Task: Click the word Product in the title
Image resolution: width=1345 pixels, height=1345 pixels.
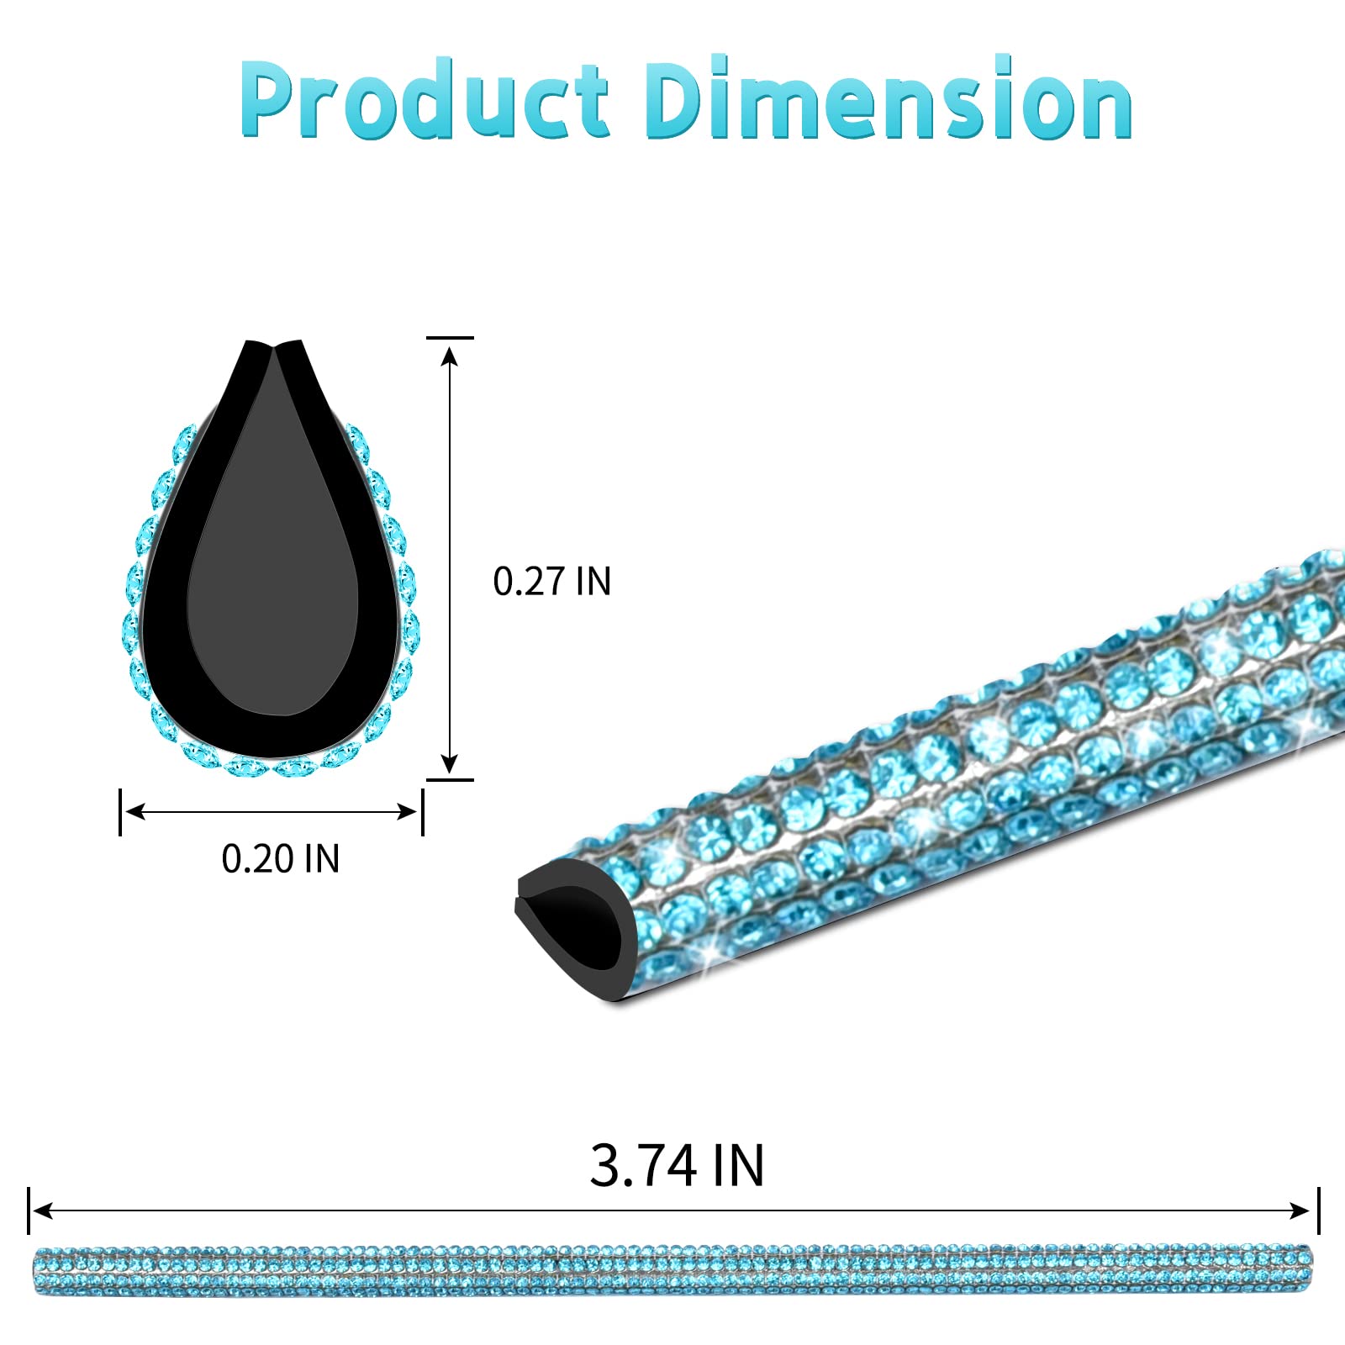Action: pos(424,99)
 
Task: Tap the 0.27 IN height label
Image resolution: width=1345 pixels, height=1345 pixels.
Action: pos(552,582)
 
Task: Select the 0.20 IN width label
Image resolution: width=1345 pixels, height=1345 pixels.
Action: pos(281,858)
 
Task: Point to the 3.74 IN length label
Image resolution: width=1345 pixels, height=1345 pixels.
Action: pos(678,1166)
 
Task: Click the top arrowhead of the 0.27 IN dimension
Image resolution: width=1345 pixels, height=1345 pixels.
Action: pos(450,356)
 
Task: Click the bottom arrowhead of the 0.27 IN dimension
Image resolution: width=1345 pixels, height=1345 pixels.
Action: pos(450,762)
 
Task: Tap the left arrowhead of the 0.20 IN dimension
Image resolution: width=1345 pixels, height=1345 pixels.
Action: pos(135,811)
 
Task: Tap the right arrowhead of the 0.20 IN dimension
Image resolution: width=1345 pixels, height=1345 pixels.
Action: pos(407,811)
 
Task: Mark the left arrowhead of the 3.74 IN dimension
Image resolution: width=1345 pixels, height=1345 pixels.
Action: pos(42,1210)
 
